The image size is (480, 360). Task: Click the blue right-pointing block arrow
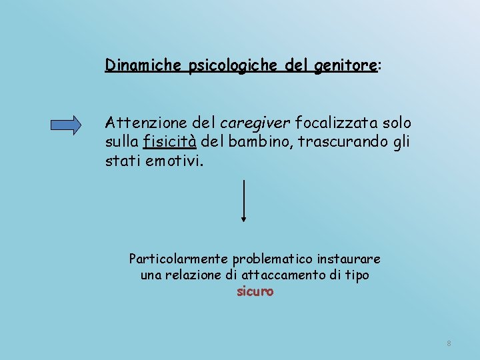tap(75, 125)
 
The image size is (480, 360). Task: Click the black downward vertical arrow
tap(244, 200)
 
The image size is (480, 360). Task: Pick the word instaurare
tap(353, 258)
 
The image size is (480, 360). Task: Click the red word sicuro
tap(255, 291)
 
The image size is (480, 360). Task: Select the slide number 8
tap(449, 343)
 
